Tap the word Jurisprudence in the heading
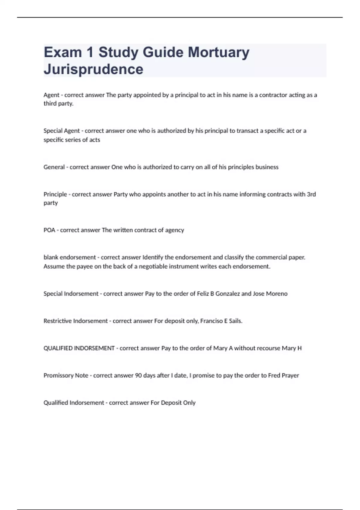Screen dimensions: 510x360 (93, 69)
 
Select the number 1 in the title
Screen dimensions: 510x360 (90, 52)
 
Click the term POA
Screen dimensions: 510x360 (49, 230)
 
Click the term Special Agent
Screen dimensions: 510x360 (61, 131)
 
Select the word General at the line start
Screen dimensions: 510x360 (54, 167)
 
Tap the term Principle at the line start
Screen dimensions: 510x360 (55, 194)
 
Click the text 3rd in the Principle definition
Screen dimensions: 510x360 (311, 194)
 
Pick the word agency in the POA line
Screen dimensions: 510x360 (175, 230)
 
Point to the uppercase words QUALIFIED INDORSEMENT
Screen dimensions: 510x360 (79, 348)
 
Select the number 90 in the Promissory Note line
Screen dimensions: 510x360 (138, 376)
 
